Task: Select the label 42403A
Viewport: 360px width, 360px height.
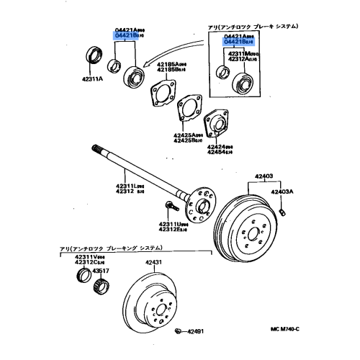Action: coord(283,192)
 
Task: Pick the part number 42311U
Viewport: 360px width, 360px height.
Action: coord(171,223)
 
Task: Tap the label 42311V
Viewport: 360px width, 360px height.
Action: coord(90,256)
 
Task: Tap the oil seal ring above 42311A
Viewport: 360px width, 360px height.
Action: coord(94,56)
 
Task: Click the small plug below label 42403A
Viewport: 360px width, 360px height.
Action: coord(284,210)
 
